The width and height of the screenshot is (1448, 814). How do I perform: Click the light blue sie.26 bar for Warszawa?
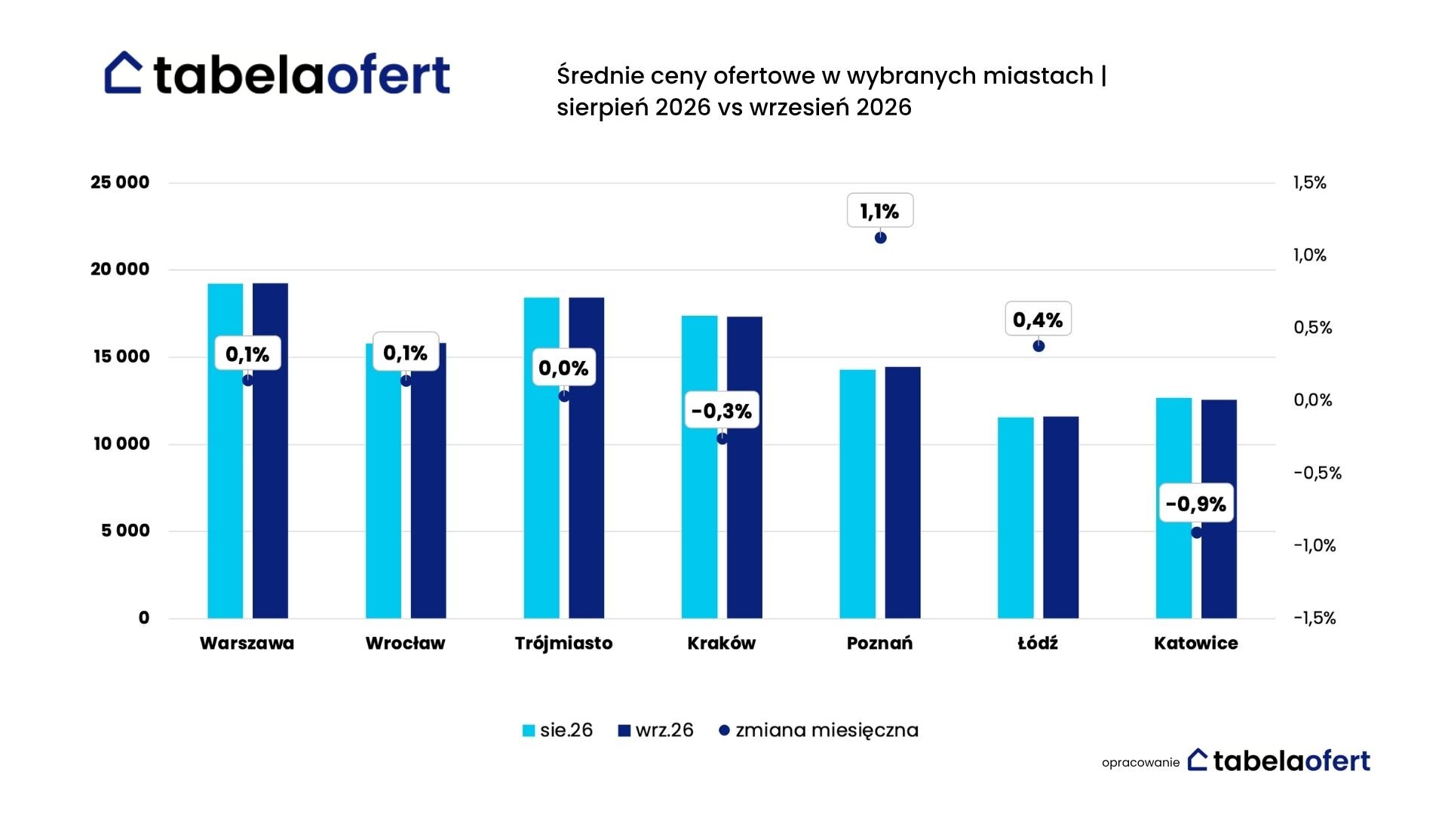[x=225, y=451]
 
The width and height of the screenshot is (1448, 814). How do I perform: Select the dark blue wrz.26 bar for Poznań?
[x=903, y=493]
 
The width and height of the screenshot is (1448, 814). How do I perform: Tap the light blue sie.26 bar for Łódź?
[x=1016, y=518]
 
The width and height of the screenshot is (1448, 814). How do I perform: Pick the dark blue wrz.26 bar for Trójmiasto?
[x=587, y=458]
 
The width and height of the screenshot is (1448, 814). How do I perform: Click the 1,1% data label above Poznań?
[x=880, y=211]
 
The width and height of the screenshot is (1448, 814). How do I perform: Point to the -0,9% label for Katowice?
[x=1196, y=503]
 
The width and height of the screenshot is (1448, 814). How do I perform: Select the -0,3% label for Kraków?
[x=722, y=411]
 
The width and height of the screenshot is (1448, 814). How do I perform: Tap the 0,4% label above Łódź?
[x=1038, y=320]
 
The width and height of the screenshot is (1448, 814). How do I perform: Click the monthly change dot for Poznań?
[x=880, y=237]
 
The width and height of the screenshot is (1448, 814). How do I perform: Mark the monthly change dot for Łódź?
[x=1038, y=346]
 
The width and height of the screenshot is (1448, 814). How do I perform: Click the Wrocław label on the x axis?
[x=405, y=644]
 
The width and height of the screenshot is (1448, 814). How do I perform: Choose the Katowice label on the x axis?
[x=1196, y=644]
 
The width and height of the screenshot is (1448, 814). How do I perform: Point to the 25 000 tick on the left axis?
[x=120, y=182]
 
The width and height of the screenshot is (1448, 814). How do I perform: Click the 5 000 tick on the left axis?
[x=126, y=531]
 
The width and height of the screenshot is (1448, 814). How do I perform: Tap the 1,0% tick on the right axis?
[x=1310, y=255]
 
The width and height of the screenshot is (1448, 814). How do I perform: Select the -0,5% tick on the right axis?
[x=1318, y=473]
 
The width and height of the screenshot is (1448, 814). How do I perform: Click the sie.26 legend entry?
[x=557, y=730]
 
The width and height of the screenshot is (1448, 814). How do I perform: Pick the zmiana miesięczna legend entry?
[x=818, y=730]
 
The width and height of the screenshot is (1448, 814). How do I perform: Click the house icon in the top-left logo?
[x=124, y=73]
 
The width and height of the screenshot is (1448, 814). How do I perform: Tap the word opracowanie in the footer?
[x=1140, y=763]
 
